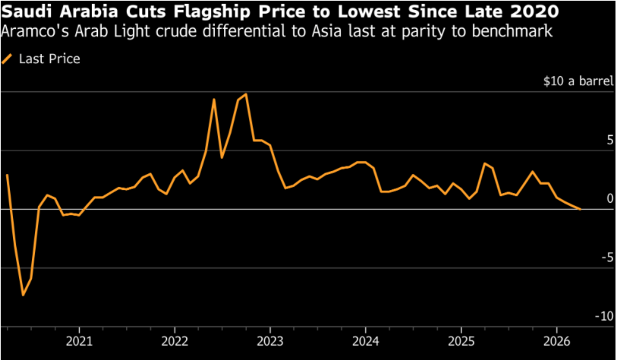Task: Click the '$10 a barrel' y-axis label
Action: tap(578, 81)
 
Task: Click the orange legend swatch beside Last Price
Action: tap(8, 58)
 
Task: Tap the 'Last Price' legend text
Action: tap(49, 58)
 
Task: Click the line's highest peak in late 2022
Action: tap(246, 94)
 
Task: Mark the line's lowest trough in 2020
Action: tap(24, 295)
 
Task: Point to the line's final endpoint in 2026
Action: tap(581, 209)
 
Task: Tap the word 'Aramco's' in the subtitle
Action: tap(30, 31)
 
